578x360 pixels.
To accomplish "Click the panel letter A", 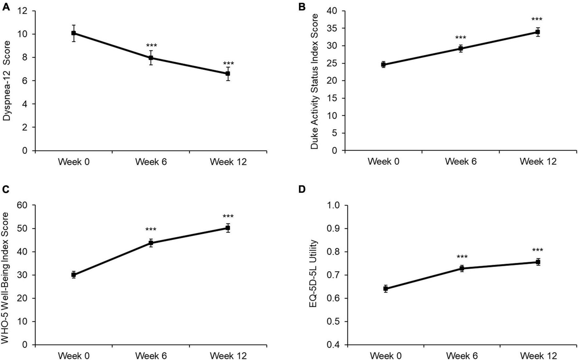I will point(6,6).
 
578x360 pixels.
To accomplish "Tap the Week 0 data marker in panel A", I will point(74,33).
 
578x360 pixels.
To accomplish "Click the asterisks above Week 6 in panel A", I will point(151,45).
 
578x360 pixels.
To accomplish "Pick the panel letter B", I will point(302,6).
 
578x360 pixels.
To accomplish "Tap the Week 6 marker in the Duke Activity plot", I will point(461,49).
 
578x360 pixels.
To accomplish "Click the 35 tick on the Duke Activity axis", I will point(333,28).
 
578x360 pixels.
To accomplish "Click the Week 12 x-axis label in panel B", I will point(538,161).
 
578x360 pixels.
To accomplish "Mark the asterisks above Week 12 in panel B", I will point(537,19).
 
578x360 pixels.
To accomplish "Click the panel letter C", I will point(6,189).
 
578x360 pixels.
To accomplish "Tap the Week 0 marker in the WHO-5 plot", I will point(74,275).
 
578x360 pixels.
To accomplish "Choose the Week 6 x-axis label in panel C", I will point(151,355).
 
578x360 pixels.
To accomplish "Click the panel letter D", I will point(302,189).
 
